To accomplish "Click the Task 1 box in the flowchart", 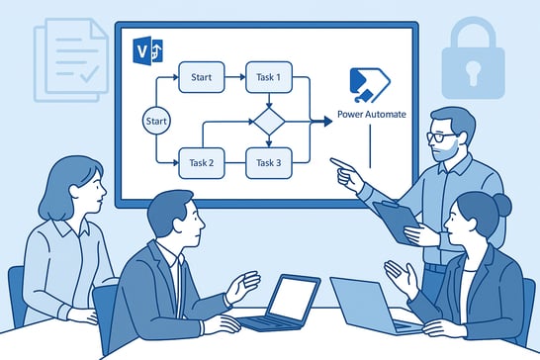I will pos(269,76).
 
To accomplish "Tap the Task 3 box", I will pos(269,161).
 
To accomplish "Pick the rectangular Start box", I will pos(201,76).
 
